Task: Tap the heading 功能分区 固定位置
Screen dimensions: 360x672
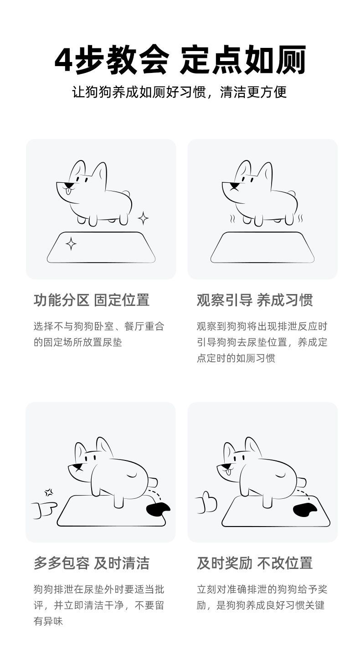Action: (x=92, y=300)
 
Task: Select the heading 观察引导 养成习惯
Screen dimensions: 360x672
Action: (x=255, y=300)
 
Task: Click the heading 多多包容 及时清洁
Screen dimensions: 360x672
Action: (x=92, y=563)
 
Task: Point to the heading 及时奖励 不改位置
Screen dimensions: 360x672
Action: (x=255, y=563)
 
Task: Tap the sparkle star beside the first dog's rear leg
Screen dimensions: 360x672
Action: (x=143, y=218)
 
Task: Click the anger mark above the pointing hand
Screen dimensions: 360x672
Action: (x=49, y=492)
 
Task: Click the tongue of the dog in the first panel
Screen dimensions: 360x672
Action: (x=69, y=191)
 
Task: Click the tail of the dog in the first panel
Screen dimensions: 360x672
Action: (x=127, y=193)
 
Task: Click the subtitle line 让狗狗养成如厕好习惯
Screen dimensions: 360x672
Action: (x=139, y=92)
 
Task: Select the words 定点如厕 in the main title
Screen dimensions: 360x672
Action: (x=243, y=60)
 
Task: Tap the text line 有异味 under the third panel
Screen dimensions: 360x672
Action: (x=48, y=621)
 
